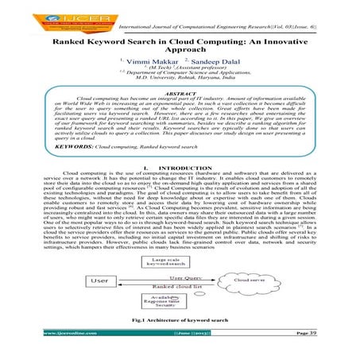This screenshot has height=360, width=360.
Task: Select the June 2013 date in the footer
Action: (176, 350)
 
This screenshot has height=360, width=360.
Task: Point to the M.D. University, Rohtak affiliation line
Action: (180, 79)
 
